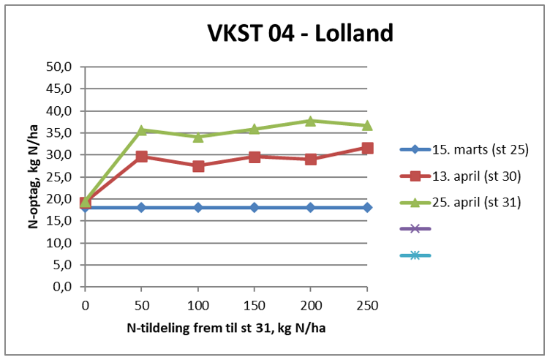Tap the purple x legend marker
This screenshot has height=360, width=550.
[x=415, y=229]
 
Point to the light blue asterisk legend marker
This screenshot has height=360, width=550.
[x=415, y=255]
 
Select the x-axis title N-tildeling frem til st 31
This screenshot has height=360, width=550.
[x=205, y=327]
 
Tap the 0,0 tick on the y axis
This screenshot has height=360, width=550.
[x=61, y=287]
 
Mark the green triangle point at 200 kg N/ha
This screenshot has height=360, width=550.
[x=311, y=121]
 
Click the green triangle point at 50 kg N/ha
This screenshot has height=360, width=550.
[x=142, y=130]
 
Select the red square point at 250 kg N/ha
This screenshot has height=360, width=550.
[x=367, y=149]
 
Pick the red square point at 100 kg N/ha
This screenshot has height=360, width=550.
[x=198, y=166]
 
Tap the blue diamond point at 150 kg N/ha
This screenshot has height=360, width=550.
[x=255, y=208]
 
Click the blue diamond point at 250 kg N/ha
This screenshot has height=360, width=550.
[x=367, y=208]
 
